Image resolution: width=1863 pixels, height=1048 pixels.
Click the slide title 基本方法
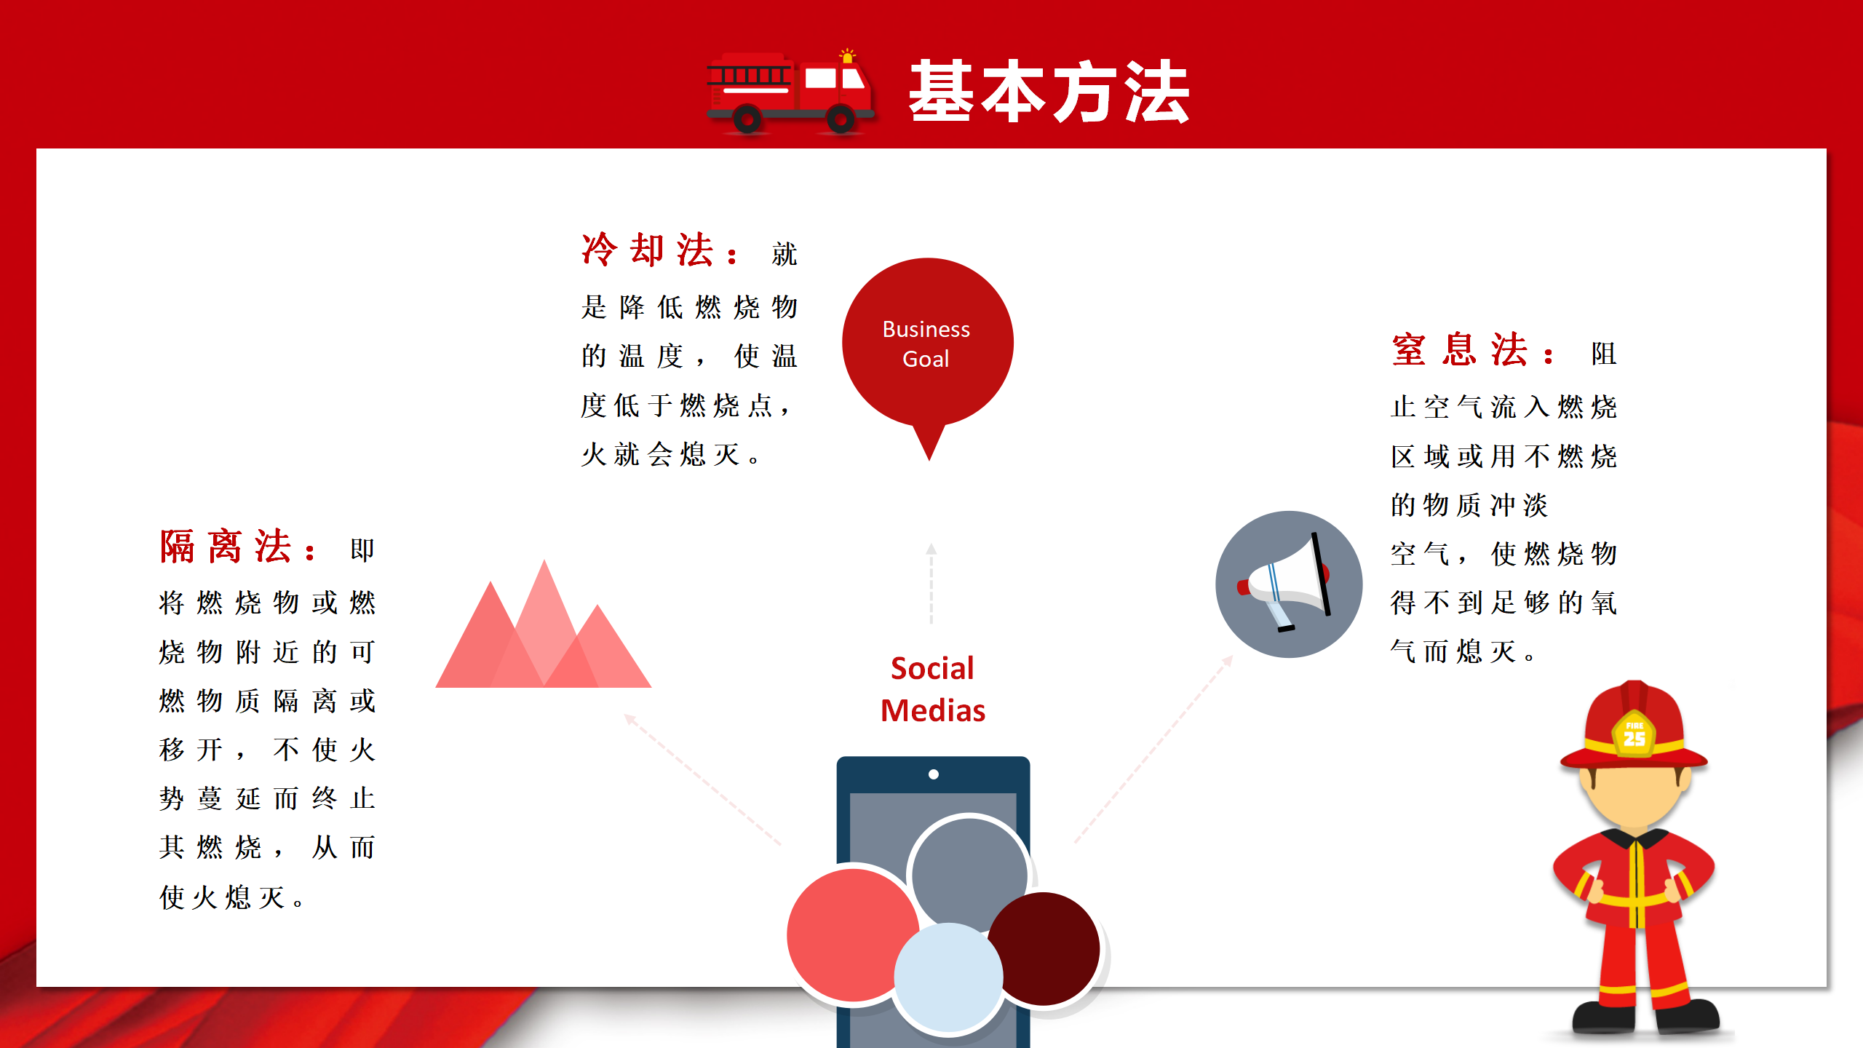pyautogui.click(x=1049, y=92)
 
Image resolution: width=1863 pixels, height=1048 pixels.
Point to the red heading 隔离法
pyautogui.click(x=226, y=546)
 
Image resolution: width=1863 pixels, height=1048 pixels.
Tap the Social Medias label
pyautogui.click(x=933, y=689)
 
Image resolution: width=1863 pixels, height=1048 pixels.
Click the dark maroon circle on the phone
pyautogui.click(x=1044, y=949)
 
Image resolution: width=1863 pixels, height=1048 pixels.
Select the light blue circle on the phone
pyautogui.click(x=948, y=977)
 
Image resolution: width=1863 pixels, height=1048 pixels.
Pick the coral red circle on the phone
pyautogui.click(x=853, y=935)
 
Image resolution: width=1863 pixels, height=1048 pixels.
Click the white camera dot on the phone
pyautogui.click(x=934, y=774)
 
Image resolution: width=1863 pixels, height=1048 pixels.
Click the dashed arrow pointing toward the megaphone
pyautogui.click(x=1154, y=750)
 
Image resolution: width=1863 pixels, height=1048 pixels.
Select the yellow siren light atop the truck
pyautogui.click(x=847, y=56)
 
